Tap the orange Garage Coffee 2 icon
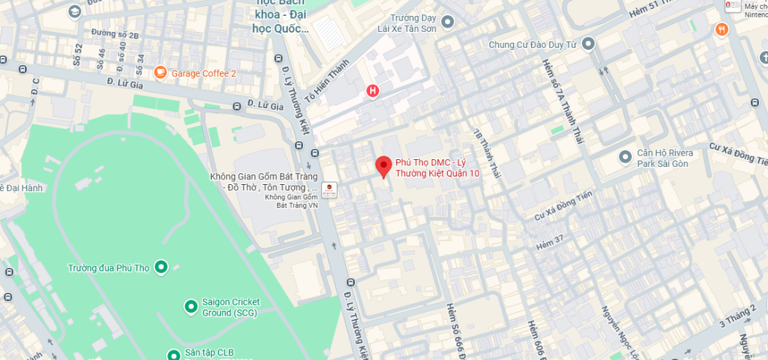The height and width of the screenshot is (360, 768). [x=161, y=72]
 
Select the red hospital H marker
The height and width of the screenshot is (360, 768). [x=373, y=91]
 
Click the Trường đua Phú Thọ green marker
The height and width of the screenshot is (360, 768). [x=161, y=267]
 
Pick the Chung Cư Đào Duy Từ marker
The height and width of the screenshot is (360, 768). [x=588, y=44]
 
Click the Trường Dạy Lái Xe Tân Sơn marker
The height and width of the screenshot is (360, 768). [x=448, y=22]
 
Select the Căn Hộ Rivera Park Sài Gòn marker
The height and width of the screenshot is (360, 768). [x=625, y=157]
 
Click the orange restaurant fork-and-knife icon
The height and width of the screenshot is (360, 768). [x=722, y=29]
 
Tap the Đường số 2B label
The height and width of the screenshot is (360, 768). [x=115, y=33]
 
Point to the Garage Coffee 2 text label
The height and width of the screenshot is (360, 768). [x=203, y=73]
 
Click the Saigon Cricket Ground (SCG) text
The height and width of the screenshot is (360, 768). [x=230, y=307]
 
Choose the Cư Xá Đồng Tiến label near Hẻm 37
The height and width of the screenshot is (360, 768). [x=563, y=207]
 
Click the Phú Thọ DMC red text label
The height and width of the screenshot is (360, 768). [x=437, y=168]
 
